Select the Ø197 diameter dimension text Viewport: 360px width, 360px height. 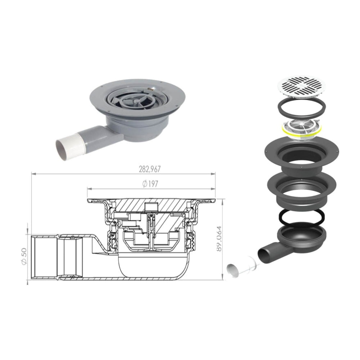pos(150,184)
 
